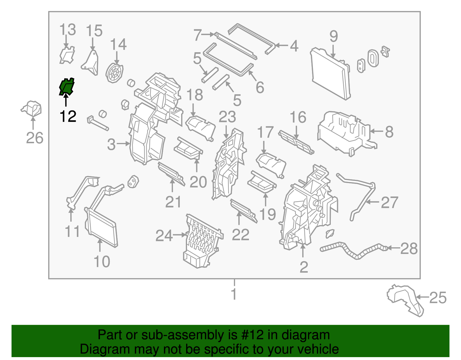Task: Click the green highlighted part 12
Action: point(67,87)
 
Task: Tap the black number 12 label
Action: point(68,116)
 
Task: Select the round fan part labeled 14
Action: point(114,73)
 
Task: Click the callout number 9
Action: point(333,37)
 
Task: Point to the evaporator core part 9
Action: point(330,75)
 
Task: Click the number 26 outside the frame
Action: point(35,138)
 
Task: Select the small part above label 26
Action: point(32,109)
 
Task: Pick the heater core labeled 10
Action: point(101,228)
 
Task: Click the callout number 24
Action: point(164,236)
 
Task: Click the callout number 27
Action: point(390,202)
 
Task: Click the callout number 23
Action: point(227,117)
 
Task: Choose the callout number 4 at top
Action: point(294,46)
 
